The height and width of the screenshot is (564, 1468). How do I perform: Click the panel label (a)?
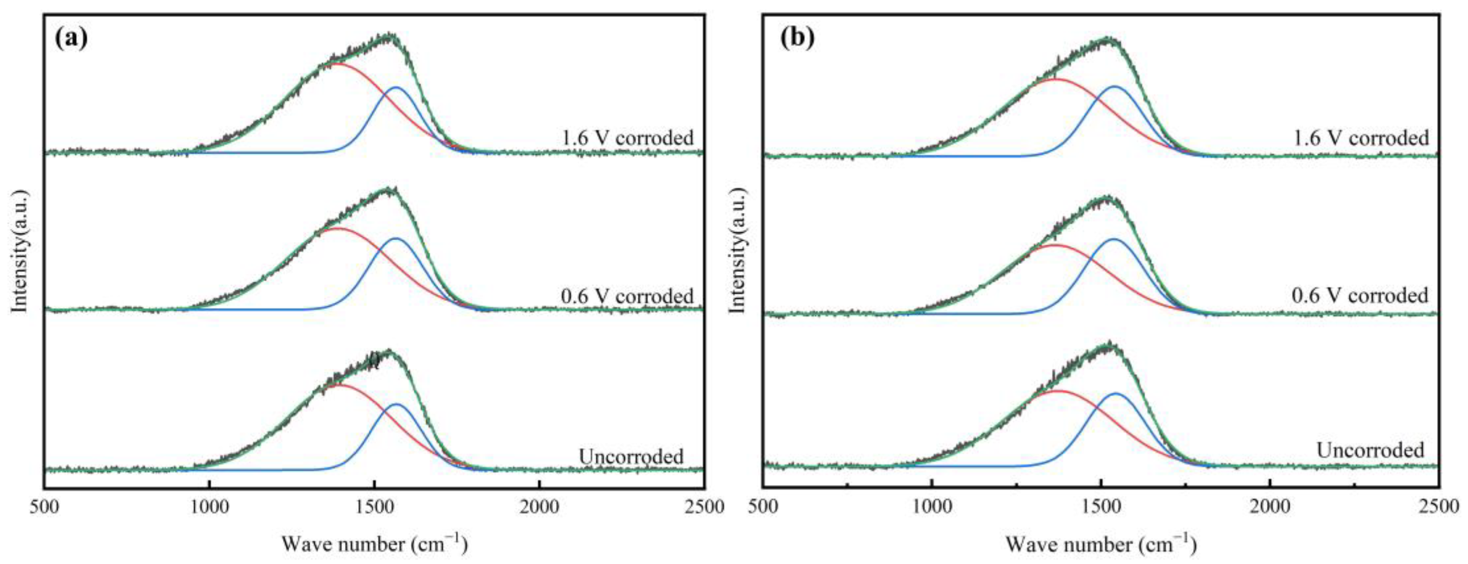72,38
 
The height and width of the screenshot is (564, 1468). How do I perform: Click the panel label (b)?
797,38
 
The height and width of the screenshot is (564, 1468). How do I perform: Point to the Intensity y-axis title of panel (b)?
738,251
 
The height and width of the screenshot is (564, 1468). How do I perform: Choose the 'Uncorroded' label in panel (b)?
1370,450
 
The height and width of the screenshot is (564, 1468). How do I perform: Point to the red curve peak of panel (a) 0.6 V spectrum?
336,229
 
